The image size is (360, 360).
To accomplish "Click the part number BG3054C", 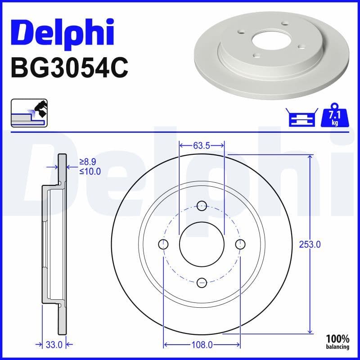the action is click(x=69, y=68).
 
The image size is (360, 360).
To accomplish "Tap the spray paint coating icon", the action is click(x=29, y=113).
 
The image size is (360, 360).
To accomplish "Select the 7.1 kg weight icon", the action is click(x=335, y=115).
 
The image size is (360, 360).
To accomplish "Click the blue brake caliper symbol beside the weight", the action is click(x=301, y=117).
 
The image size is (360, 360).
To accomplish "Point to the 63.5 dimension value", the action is click(x=202, y=145).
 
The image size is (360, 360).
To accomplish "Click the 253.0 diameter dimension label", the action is click(x=310, y=245).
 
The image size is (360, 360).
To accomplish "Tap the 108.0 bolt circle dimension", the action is click(x=202, y=345).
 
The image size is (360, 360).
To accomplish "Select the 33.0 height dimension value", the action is click(x=54, y=345).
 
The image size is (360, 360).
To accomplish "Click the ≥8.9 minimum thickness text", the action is click(x=88, y=162).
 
